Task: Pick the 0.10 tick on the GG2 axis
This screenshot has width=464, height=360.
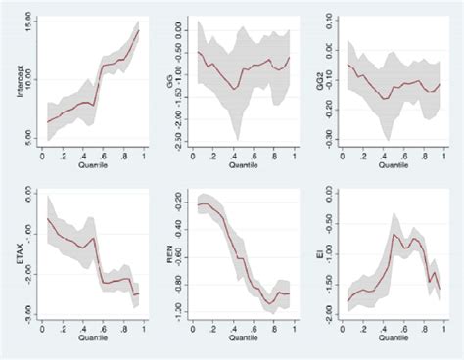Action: coord(332,22)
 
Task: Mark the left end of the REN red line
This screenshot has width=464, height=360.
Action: coord(198,204)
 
